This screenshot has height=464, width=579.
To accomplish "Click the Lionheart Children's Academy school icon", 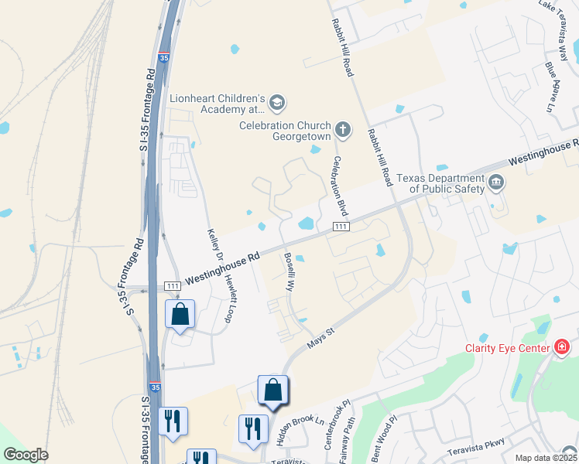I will (x=278, y=102).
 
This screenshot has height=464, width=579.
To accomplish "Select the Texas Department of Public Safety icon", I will (x=496, y=183).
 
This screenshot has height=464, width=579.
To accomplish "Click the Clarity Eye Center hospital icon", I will (x=562, y=348).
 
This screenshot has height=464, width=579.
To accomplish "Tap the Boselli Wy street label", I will (x=289, y=271).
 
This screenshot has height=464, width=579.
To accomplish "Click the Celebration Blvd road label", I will (x=338, y=186).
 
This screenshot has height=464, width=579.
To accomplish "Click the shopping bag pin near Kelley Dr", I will (x=180, y=315).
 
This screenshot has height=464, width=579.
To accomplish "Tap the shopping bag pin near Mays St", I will (x=273, y=390).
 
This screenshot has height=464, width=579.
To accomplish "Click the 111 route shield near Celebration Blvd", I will (x=341, y=226).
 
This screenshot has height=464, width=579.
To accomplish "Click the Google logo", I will (x=26, y=455).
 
